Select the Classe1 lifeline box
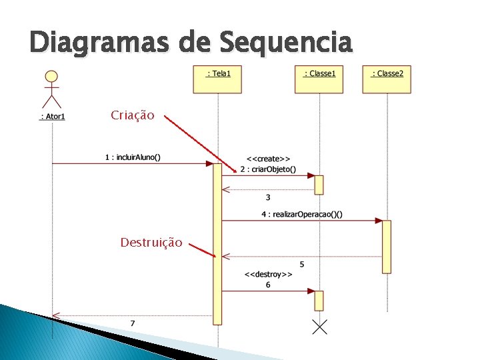[319, 79]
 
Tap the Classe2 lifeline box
[387, 79]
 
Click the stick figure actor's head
[51, 77]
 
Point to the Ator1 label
[52, 117]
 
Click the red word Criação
[133, 115]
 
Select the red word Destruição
[151, 243]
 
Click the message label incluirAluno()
[133, 158]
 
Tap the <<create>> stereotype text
[268, 159]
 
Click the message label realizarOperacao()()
[302, 214]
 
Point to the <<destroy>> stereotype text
[268, 274]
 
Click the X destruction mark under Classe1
[319, 327]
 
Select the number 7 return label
[132, 323]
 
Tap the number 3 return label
[268, 197]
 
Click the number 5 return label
[302, 265]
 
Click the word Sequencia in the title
[285, 43]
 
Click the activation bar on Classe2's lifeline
[387, 247]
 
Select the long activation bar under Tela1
[217, 244]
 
